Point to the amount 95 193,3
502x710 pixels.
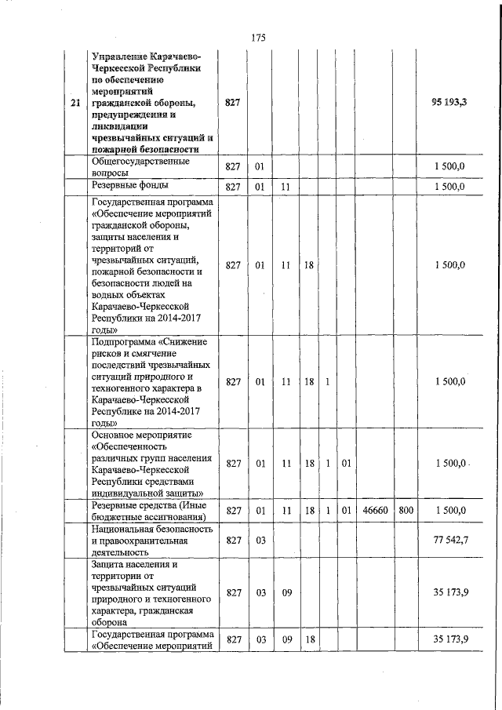449,103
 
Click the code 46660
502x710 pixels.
375,511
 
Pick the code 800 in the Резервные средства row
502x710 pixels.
406,511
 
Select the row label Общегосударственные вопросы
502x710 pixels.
140,166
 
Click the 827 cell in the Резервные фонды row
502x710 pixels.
232,187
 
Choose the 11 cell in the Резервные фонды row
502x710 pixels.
286,187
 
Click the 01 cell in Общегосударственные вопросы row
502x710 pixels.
260,167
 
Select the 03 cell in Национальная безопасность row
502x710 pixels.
260,541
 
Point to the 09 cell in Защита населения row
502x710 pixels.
286,592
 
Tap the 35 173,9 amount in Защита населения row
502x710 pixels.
450,592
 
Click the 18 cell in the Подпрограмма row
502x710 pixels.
309,382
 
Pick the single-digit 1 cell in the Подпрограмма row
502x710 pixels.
326,382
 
